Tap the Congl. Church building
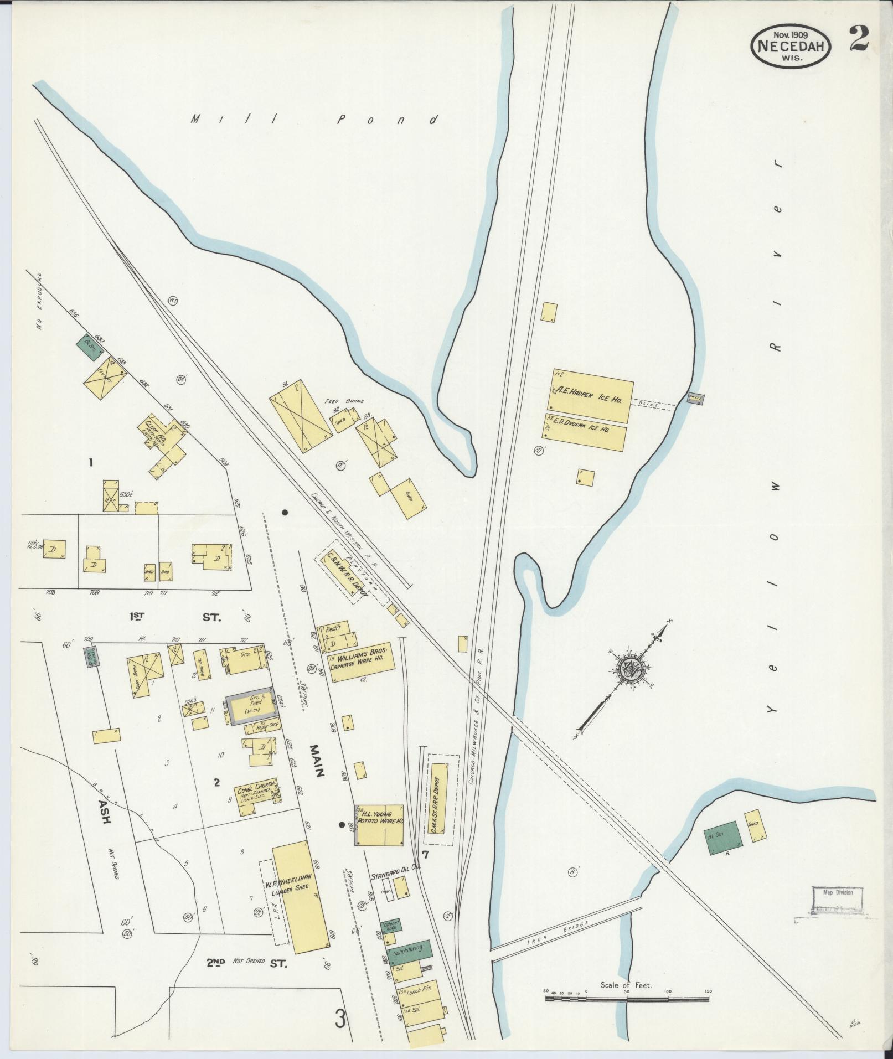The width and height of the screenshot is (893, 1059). pos(257,797)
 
